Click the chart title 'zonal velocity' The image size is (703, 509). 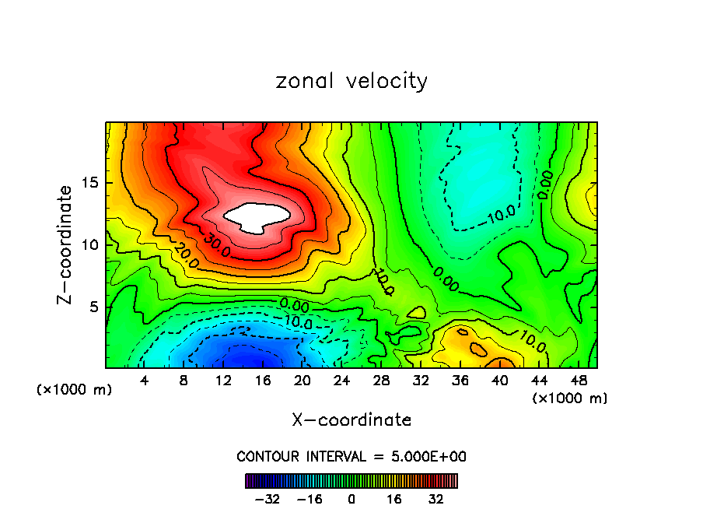point(351,81)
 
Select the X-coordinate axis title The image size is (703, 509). point(351,420)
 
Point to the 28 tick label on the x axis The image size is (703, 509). point(381,381)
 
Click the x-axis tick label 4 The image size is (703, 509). point(145,381)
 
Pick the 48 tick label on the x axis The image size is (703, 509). point(578,381)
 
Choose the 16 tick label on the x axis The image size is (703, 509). point(263,381)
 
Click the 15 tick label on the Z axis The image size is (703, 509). point(92,184)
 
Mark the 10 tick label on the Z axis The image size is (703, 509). point(92,245)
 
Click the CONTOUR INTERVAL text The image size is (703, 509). point(351,457)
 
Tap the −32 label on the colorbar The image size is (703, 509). point(266,498)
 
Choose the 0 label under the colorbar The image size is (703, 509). point(351,498)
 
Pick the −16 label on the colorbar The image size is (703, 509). point(309,498)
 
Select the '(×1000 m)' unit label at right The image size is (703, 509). point(569,398)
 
